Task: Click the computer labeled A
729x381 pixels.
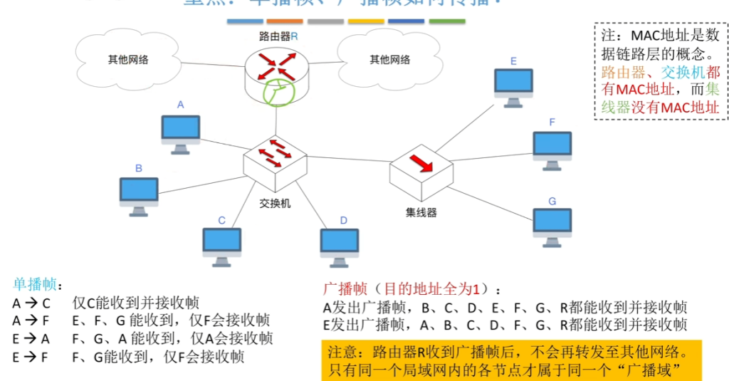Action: (181, 132)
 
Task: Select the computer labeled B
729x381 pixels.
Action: (139, 194)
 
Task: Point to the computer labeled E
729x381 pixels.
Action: (514, 86)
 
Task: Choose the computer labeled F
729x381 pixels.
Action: (552, 149)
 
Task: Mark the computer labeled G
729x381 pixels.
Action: (552, 226)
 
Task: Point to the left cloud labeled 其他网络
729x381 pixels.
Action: (128, 59)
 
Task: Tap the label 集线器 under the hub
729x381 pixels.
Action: (421, 212)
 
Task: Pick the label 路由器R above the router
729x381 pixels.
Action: (278, 35)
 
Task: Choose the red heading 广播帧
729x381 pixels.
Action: (345, 289)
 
